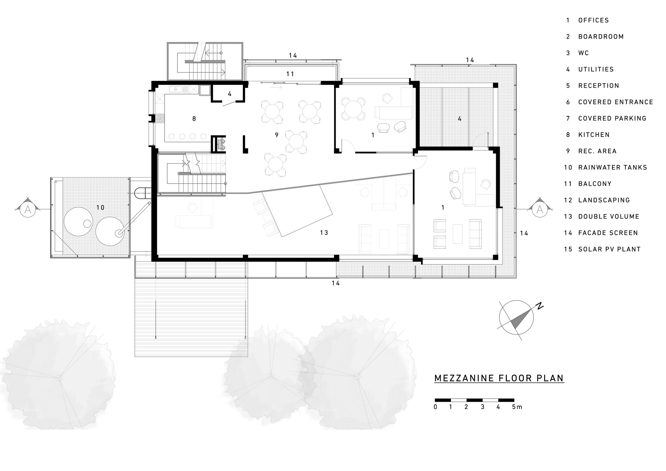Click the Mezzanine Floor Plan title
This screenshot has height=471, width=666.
coord(499,378)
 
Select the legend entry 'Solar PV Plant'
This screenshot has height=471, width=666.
coord(609,249)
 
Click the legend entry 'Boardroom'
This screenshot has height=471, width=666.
coord(601,37)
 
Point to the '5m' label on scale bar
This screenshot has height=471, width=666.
coord(517,407)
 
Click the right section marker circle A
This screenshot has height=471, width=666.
coord(540,209)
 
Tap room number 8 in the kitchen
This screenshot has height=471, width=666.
coord(194,119)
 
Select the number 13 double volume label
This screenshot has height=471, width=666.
coord(324,233)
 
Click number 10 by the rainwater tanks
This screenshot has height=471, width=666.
coord(100,208)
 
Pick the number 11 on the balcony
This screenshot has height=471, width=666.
coord(290,74)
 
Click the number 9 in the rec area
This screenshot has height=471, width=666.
coord(276,135)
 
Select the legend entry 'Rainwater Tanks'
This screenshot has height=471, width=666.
coord(612,167)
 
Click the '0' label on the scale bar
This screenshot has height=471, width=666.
coord(435,407)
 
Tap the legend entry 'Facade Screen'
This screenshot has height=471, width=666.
coord(608,233)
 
